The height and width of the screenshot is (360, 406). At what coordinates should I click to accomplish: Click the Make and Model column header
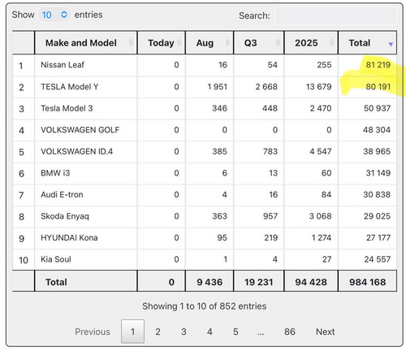(81, 43)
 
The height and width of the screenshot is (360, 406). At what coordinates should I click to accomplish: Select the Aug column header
(205, 43)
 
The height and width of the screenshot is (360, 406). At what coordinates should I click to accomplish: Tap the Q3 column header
(250, 43)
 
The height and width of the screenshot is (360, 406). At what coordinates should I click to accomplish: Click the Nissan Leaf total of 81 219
(378, 65)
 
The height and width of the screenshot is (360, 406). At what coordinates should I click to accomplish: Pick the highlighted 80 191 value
(378, 87)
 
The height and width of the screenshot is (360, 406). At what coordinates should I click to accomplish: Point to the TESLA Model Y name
(70, 87)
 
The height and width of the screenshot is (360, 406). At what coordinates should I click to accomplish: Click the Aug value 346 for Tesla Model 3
(219, 108)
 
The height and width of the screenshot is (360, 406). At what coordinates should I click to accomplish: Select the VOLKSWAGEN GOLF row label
(80, 130)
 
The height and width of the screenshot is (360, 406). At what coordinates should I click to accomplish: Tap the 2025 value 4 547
(321, 151)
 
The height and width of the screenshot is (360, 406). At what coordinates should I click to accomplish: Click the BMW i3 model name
(55, 173)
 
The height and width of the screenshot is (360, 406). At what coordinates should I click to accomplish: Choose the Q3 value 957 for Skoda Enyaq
(270, 216)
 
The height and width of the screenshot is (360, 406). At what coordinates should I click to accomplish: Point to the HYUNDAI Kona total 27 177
(378, 237)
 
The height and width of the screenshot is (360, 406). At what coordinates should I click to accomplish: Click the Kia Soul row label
(56, 259)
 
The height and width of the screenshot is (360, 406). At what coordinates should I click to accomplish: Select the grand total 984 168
(367, 282)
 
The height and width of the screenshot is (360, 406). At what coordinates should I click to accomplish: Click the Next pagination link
(326, 332)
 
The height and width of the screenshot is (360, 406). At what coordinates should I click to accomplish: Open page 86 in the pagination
(290, 332)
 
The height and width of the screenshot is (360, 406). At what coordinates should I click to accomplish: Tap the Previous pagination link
(93, 332)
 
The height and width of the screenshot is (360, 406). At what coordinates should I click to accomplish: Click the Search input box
(335, 15)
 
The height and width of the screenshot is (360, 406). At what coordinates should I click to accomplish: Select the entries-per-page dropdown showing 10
(54, 15)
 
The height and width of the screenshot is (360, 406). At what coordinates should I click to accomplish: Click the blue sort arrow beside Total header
(391, 44)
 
